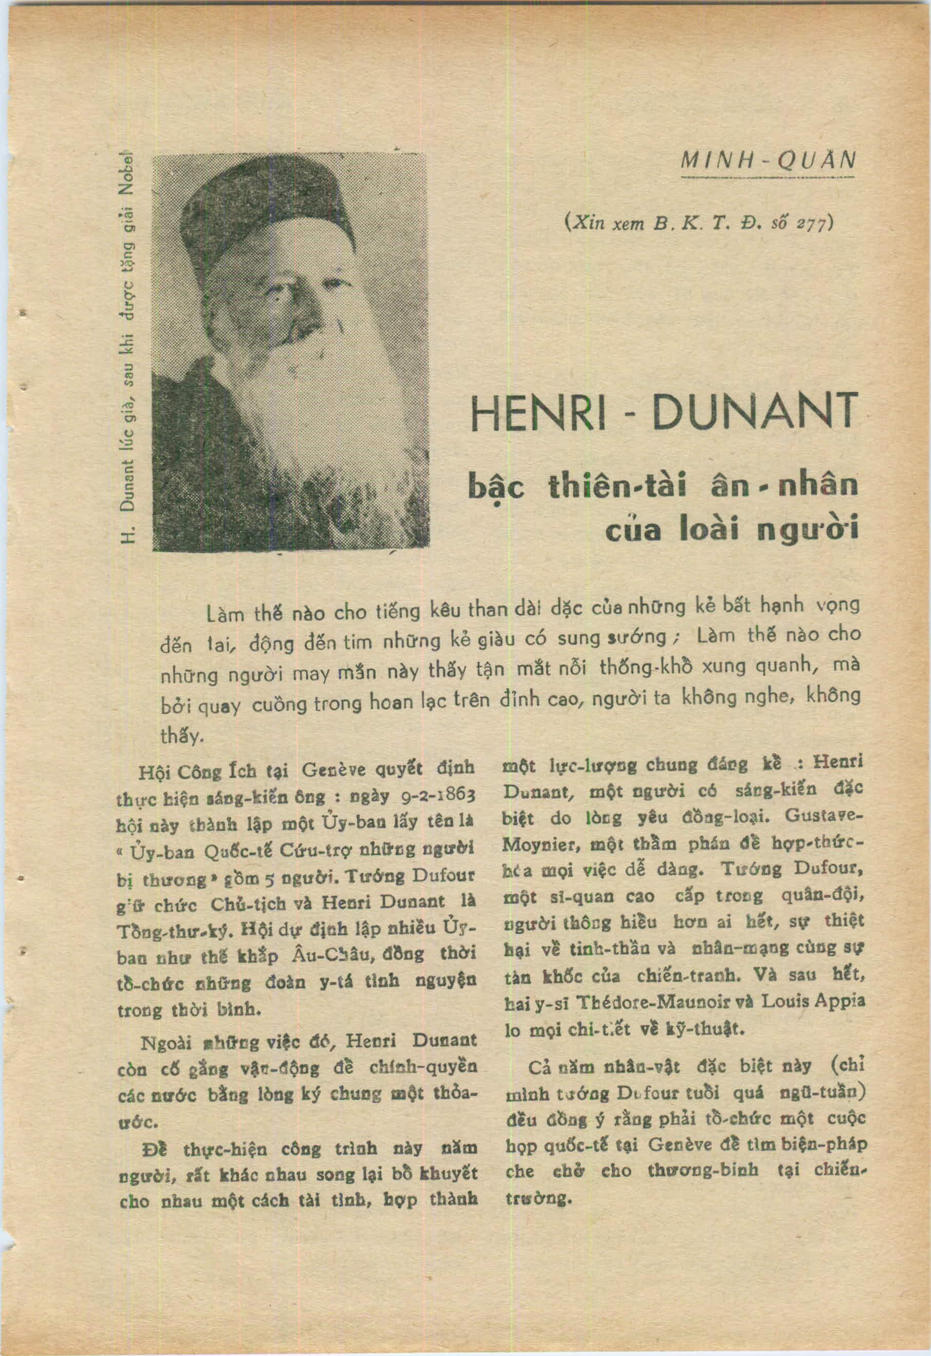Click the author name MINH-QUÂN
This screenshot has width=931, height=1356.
[x=768, y=159]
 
